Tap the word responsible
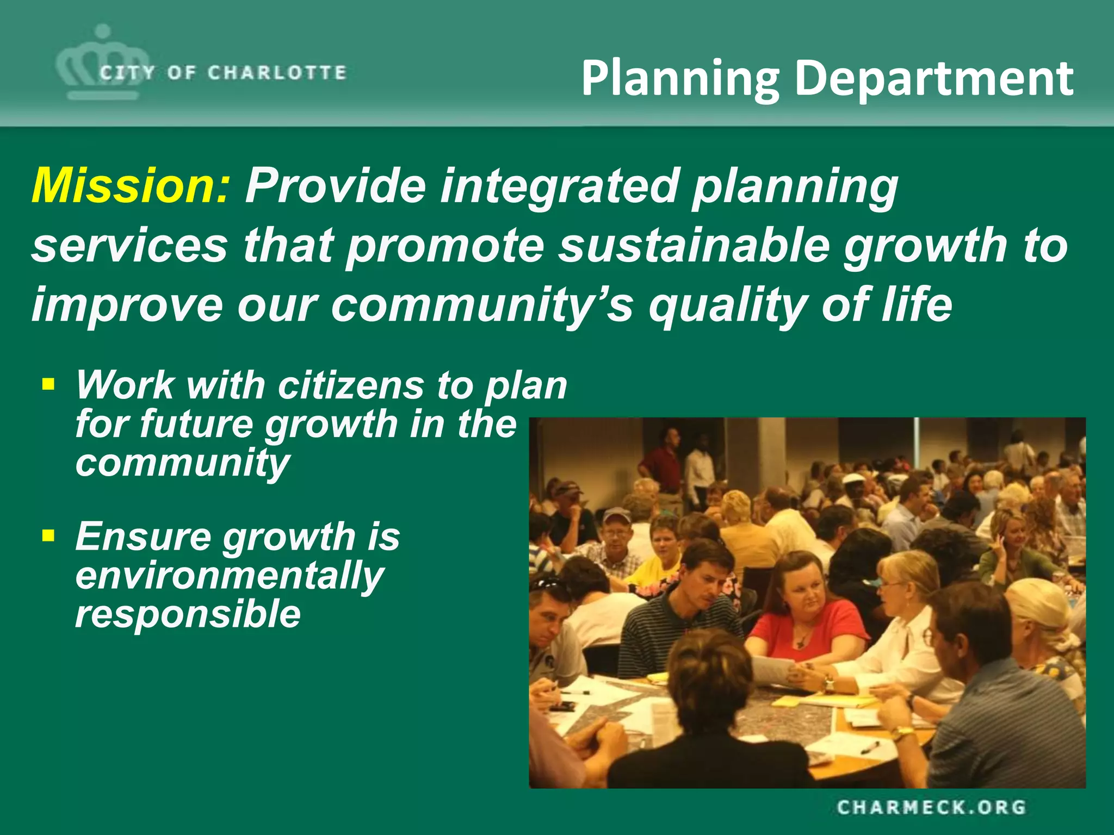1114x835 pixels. tap(188, 614)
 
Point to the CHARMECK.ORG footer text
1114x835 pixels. tap(931, 807)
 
